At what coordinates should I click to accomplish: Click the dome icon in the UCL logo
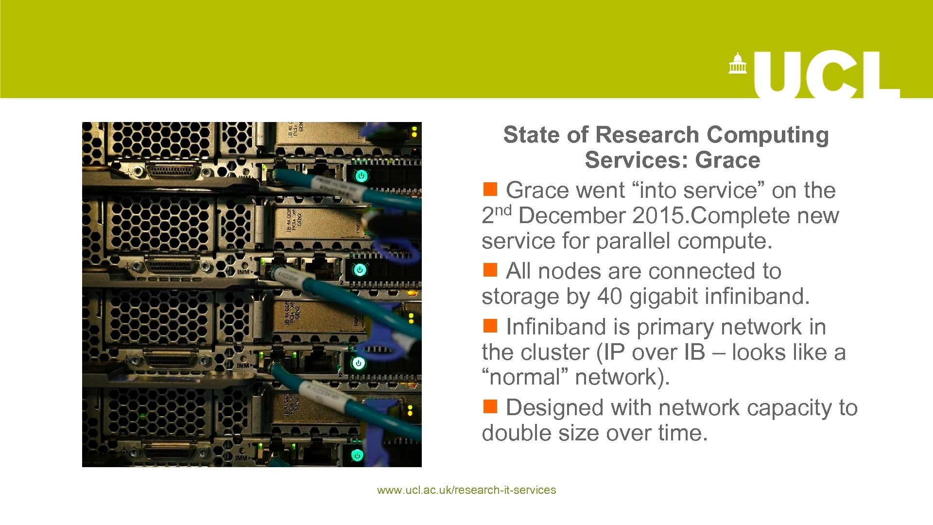click(737, 64)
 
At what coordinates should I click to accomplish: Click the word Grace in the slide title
click(727, 160)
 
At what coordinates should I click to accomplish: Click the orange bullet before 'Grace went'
click(490, 189)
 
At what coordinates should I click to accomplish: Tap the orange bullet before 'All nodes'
click(490, 270)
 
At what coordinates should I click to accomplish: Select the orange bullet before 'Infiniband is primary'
click(490, 326)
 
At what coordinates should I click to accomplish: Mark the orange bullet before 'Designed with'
click(490, 406)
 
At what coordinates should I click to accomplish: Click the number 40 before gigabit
click(609, 297)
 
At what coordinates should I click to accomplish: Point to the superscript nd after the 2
click(503, 210)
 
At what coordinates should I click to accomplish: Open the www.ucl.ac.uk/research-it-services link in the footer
click(466, 490)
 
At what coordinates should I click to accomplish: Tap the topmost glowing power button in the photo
click(361, 176)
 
